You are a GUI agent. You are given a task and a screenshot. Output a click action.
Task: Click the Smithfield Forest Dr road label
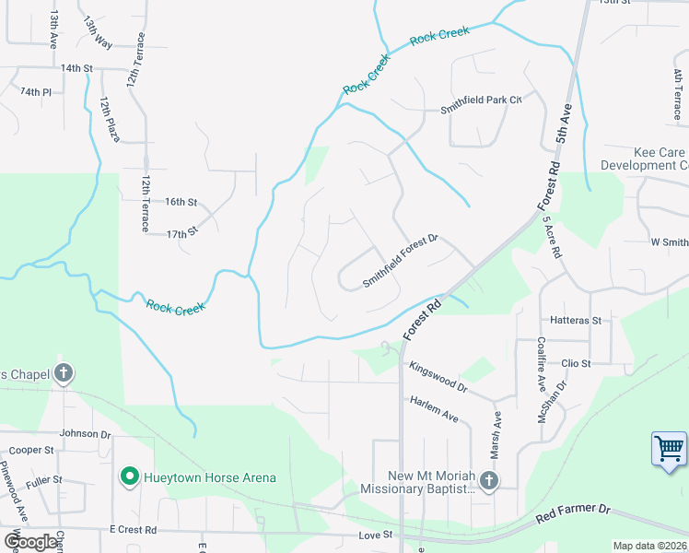tap(400, 261)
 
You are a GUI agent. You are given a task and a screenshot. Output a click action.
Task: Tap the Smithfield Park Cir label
tap(480, 104)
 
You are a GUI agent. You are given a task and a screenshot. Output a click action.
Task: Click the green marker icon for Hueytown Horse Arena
tap(130, 477)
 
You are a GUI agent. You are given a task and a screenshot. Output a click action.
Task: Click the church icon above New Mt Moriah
tap(488, 479)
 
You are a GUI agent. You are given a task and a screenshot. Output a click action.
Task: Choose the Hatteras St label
tap(575, 321)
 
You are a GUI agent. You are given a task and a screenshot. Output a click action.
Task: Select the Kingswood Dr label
tap(438, 378)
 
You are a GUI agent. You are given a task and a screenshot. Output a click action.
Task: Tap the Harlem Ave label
tap(434, 410)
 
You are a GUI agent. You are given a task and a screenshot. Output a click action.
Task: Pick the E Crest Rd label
tap(133, 530)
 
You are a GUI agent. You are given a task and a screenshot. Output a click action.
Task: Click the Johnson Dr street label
tap(85, 433)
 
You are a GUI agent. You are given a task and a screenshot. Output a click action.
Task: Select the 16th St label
tap(181, 202)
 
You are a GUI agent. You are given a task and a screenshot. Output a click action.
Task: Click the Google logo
tap(29, 542)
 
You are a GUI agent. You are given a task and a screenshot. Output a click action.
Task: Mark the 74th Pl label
tap(36, 92)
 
